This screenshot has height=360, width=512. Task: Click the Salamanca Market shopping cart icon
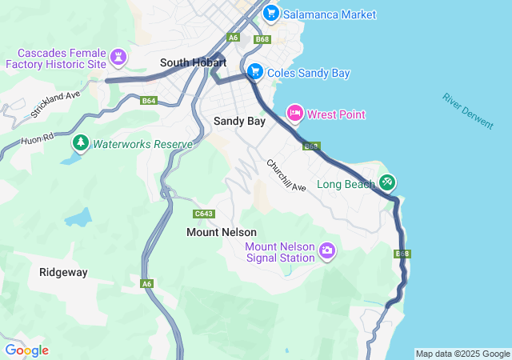tap(271, 14)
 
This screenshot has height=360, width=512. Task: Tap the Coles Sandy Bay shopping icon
tap(255, 72)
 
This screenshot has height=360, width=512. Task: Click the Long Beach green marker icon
tap(387, 183)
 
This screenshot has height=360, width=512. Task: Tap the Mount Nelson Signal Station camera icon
tap(326, 251)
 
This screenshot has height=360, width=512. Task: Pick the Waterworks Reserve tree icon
tap(80, 143)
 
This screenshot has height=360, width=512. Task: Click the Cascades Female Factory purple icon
tap(119, 57)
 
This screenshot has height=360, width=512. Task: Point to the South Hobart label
tap(193, 62)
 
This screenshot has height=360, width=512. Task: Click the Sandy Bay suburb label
tap(239, 121)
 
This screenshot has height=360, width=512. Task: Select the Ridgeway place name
tap(63, 272)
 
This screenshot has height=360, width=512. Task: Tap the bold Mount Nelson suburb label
tap(222, 232)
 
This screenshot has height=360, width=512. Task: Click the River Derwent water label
tap(469, 111)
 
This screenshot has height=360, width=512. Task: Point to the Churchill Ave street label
tap(286, 176)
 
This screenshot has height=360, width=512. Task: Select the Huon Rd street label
tap(37, 139)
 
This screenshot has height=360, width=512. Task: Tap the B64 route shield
tap(149, 101)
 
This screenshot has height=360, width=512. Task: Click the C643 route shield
tap(204, 214)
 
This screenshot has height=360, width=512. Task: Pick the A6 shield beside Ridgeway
tap(146, 283)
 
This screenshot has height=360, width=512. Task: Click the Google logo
tap(26, 350)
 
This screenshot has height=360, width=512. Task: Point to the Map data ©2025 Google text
tap(462, 354)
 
